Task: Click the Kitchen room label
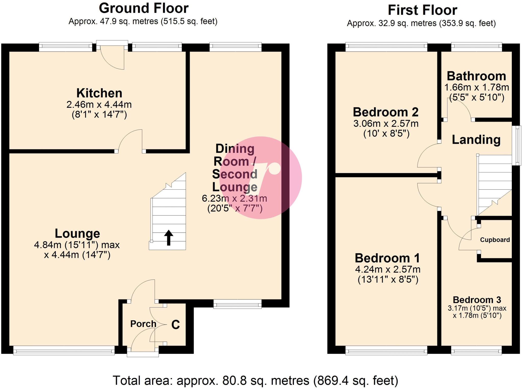[x=99, y=93]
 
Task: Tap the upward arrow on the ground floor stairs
[x=168, y=237]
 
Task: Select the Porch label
[x=143, y=324]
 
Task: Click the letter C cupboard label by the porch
[x=176, y=325]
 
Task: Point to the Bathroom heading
[x=476, y=76]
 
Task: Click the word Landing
[x=476, y=140]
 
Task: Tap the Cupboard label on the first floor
[x=495, y=240]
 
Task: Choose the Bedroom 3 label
[x=477, y=300]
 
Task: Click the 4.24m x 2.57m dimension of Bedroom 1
[x=387, y=269]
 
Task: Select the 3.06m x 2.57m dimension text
[x=386, y=124]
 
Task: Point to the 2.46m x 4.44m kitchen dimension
[x=99, y=104]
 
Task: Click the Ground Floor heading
[x=143, y=8]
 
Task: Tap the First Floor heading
[x=422, y=10]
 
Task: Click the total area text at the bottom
[x=255, y=381]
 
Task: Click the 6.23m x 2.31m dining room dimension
[x=234, y=198]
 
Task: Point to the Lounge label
[x=77, y=234]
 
